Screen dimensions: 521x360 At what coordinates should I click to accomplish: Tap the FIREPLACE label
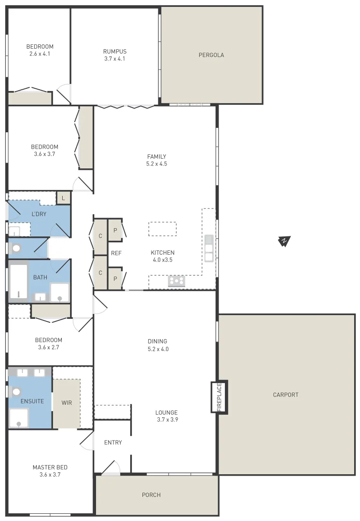(x=219, y=397)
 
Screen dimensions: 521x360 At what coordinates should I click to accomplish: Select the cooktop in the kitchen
(x=177, y=281)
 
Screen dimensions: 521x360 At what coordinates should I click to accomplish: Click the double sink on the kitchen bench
(x=209, y=247)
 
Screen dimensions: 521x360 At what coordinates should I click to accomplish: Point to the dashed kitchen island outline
(x=162, y=229)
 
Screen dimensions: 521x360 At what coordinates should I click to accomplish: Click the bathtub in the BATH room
(x=18, y=281)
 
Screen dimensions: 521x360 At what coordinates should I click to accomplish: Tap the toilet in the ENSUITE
(x=16, y=392)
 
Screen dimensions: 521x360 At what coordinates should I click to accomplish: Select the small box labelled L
(x=63, y=197)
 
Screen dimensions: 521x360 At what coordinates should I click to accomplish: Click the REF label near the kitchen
(x=116, y=253)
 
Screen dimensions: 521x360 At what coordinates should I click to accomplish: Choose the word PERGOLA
(x=211, y=55)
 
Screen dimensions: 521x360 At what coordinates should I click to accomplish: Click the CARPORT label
(x=286, y=395)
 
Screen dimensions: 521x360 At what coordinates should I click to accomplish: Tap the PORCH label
(x=151, y=495)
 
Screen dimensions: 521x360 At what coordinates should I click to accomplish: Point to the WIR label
(x=67, y=402)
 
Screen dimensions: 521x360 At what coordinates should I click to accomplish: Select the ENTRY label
(x=113, y=442)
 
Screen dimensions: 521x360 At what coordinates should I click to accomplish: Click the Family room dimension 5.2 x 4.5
(x=157, y=164)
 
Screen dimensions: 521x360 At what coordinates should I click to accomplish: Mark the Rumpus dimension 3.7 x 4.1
(x=115, y=59)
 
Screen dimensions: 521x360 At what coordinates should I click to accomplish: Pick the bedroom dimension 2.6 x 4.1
(x=40, y=54)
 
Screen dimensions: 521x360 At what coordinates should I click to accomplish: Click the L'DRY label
(x=39, y=214)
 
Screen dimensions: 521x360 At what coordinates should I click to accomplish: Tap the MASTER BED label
(x=50, y=467)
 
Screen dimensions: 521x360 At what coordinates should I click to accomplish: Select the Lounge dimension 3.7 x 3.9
(x=166, y=420)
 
